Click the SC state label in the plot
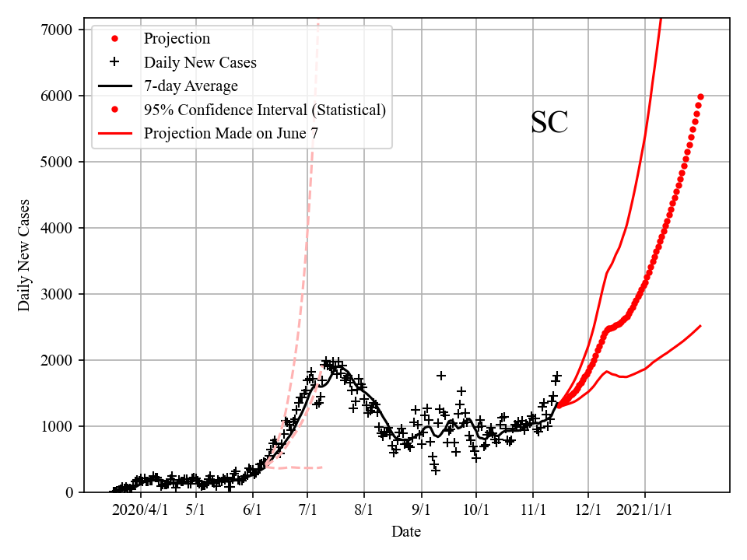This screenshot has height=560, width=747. coord(549,123)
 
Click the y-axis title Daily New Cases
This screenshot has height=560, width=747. coord(24,254)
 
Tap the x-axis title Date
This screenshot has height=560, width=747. coord(406,532)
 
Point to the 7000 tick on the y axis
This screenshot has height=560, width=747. coord(59,30)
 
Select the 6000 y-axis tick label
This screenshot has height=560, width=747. coord(59,96)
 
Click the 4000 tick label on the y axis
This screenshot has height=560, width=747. coord(59,228)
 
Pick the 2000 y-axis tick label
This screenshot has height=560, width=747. coord(59,360)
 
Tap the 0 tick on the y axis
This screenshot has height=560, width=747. coord(69,492)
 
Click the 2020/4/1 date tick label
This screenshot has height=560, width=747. coord(140,511)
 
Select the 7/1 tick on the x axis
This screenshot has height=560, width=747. coord(308,511)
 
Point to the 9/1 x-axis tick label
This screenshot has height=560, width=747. coord(421,511)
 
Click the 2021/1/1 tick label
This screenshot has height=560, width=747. coord(644,511)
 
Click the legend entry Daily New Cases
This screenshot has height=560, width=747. coord(200,62)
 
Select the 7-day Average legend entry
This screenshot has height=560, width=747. coord(191,86)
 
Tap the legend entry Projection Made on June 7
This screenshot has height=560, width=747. coord(230,134)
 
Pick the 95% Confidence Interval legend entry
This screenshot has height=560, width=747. coord(265,110)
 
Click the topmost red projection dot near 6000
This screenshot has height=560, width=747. coord(700,96)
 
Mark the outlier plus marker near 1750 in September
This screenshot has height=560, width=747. coord(441,376)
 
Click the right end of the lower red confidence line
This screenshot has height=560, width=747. coord(700,326)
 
